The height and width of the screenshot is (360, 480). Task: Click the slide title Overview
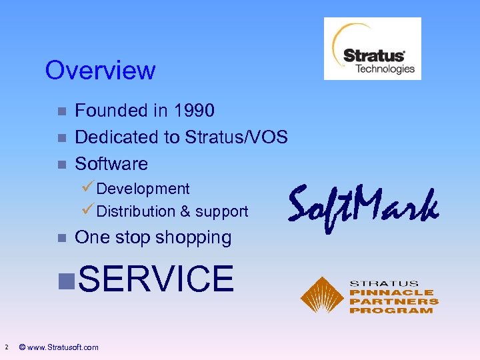[100, 70]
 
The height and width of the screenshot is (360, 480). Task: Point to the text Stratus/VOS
[236, 137]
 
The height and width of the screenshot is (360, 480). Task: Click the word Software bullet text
[111, 164]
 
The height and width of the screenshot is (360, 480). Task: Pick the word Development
[143, 189]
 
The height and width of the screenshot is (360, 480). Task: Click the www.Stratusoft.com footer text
[64, 347]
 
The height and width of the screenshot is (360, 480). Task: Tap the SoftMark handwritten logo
[363, 205]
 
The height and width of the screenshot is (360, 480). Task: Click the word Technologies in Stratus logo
[384, 69]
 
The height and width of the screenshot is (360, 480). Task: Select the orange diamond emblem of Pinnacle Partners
[321, 295]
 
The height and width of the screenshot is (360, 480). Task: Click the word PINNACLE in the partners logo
[391, 293]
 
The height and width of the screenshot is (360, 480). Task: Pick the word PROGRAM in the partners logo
[391, 311]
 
